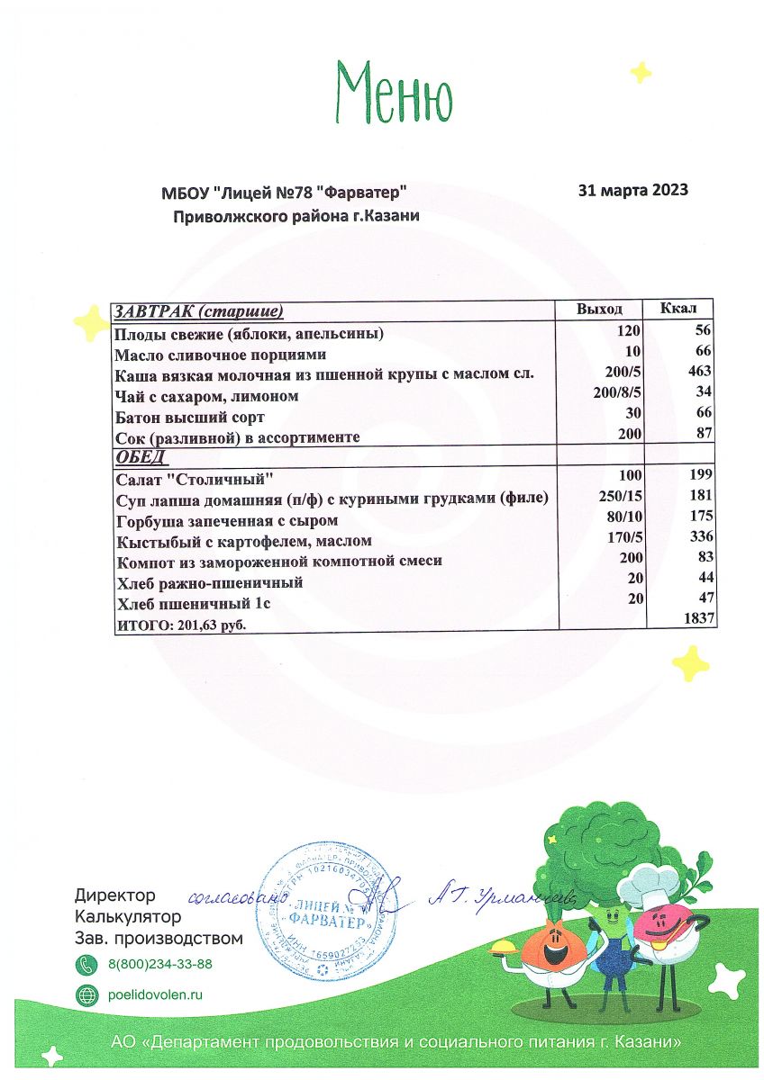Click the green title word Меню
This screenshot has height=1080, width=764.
(394, 93)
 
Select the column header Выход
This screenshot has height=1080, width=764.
(599, 310)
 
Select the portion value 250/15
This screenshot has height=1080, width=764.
(619, 496)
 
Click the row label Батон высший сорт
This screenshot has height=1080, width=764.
(190, 417)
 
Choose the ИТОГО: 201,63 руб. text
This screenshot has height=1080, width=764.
(181, 624)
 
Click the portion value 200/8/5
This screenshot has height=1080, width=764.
(616, 394)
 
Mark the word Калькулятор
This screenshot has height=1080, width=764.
(128, 917)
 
